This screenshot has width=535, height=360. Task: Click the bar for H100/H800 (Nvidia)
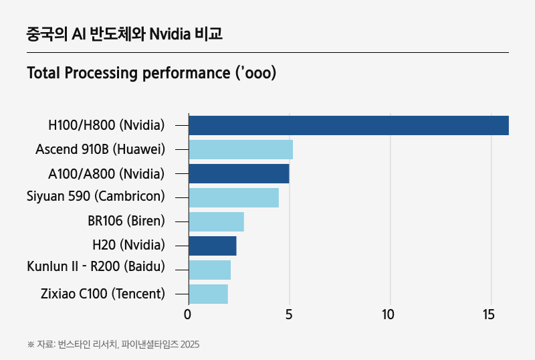348,125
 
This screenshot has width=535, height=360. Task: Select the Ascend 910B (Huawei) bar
241,149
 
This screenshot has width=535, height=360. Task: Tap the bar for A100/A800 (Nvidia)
239,173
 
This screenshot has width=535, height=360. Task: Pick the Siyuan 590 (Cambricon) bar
233,197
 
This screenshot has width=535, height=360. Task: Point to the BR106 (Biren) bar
216,221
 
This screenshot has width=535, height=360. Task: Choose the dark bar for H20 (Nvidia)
213,246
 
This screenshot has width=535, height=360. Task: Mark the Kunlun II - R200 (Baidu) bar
209,270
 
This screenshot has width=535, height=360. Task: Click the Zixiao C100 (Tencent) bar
208,294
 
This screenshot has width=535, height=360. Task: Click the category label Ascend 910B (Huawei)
100,149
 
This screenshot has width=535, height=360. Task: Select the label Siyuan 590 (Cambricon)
96,197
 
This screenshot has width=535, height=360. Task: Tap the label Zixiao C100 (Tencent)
102,294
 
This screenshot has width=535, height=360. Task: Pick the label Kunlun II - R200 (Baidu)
96,267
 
